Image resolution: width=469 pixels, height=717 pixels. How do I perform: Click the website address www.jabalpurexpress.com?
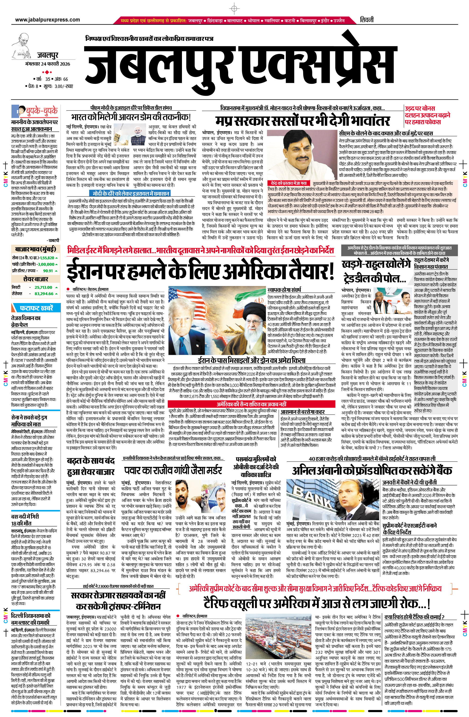point(47,20)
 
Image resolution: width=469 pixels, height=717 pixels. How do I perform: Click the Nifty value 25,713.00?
point(43,287)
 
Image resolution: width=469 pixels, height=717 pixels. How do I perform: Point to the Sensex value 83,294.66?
point(44,293)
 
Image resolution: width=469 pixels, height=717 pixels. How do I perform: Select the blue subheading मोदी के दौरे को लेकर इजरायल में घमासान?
point(130,193)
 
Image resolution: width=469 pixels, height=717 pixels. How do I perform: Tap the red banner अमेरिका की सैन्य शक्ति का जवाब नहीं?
point(251,404)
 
